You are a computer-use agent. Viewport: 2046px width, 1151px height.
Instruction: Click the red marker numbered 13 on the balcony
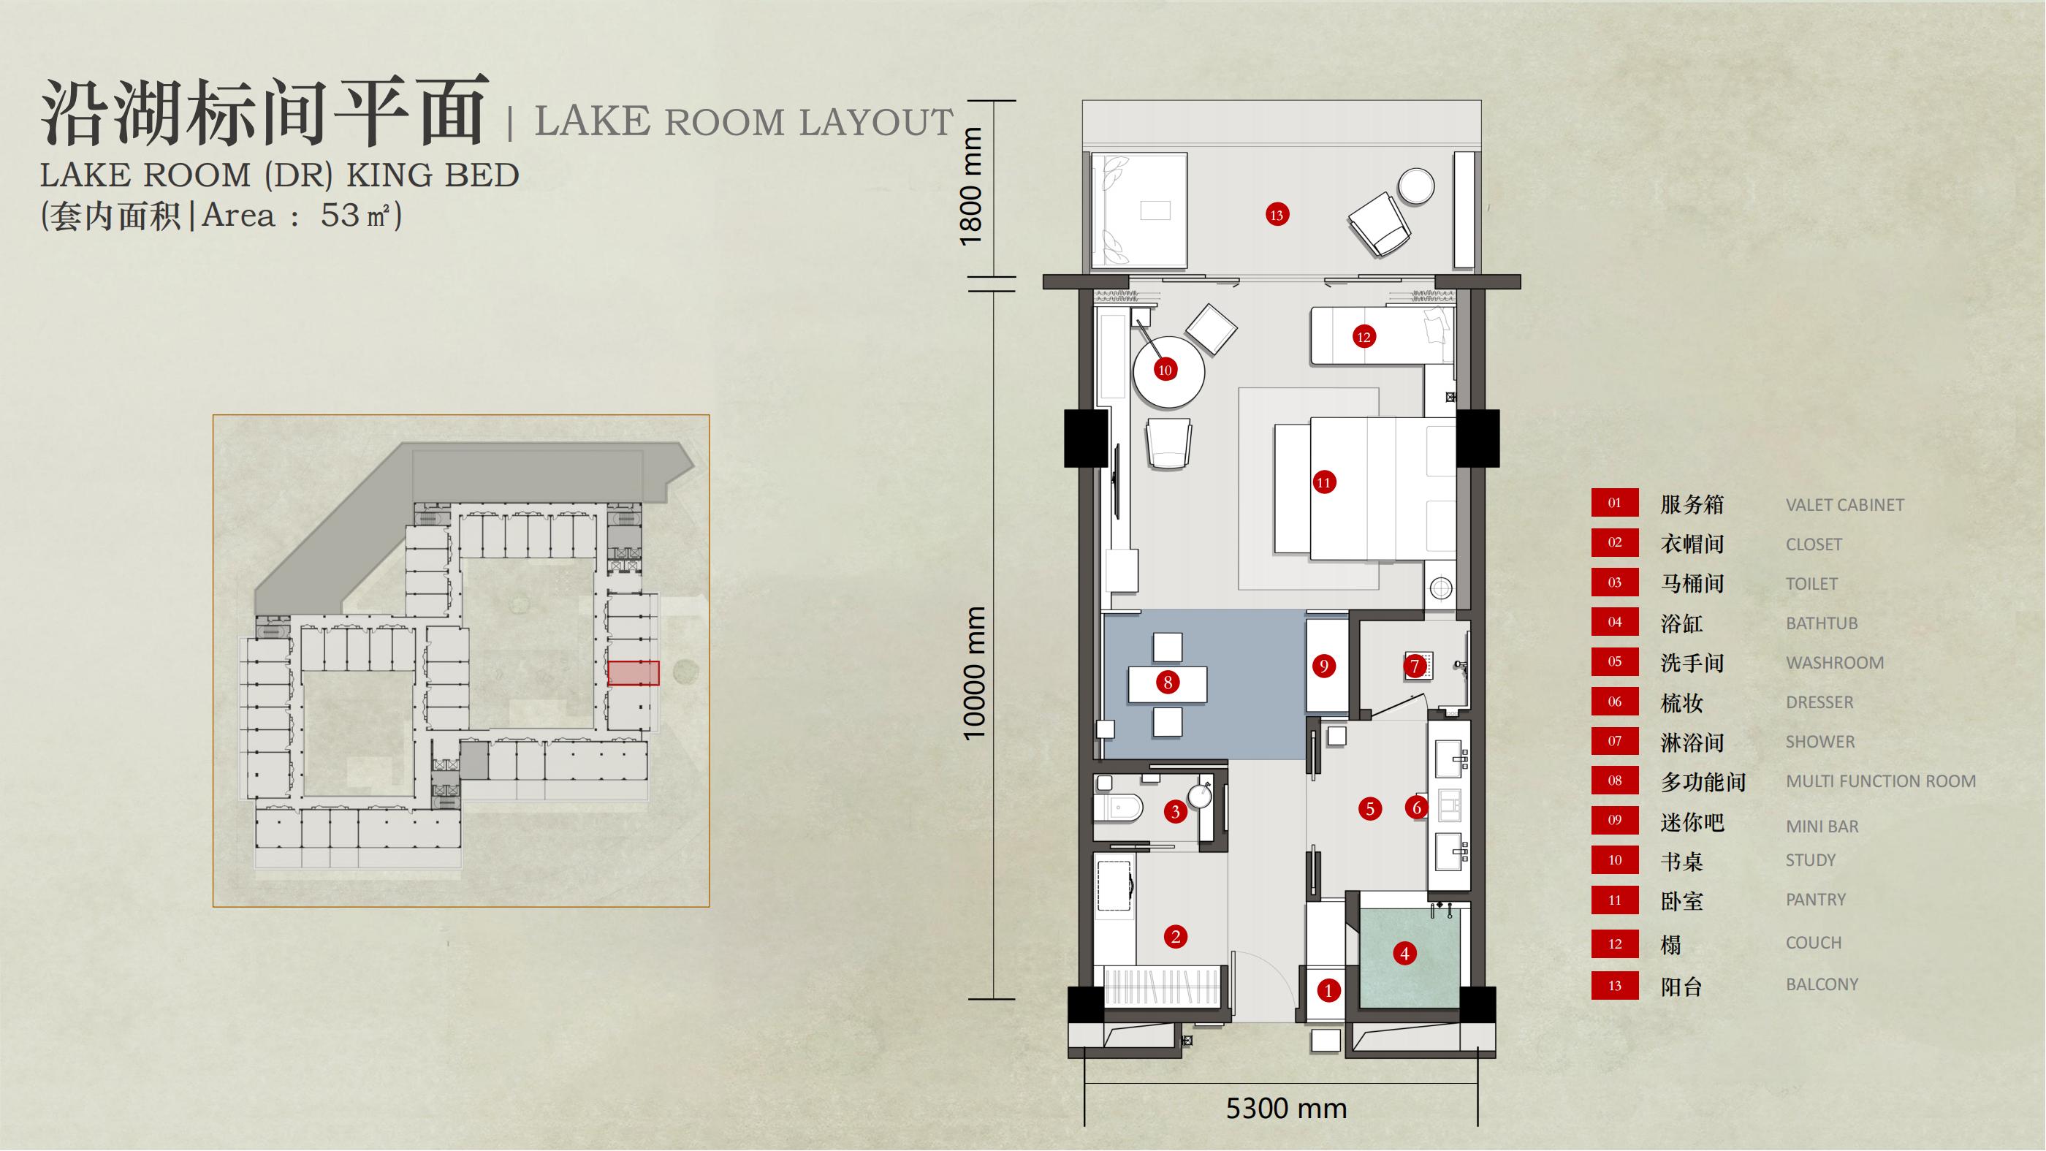(x=1277, y=214)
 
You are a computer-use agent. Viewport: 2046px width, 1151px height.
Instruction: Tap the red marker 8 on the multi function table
(x=1168, y=682)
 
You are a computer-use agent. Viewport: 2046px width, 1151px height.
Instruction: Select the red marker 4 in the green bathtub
(x=1404, y=953)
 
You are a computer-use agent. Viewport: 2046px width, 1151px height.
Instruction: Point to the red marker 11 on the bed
(x=1323, y=482)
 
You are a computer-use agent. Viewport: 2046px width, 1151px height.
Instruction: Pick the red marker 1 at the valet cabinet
(x=1328, y=989)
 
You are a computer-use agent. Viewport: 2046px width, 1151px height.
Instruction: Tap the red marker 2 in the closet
(x=1176, y=937)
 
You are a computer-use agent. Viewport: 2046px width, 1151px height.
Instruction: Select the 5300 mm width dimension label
(x=1287, y=1108)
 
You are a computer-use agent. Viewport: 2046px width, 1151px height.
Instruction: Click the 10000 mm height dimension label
(x=975, y=673)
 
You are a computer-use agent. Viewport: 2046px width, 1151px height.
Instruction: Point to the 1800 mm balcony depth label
(x=971, y=186)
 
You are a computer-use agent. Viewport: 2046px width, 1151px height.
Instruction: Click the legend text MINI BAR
(x=1822, y=826)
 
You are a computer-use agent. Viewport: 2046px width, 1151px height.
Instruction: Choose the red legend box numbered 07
(x=1615, y=741)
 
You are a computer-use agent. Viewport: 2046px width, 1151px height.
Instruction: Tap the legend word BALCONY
(x=1822, y=984)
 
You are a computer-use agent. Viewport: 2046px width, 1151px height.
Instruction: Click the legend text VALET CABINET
(x=1844, y=504)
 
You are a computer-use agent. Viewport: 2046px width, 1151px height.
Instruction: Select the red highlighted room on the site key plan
(x=633, y=673)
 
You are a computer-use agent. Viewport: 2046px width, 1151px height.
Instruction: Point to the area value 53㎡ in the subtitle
(x=356, y=216)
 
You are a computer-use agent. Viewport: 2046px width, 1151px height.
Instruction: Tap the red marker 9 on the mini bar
(x=1323, y=666)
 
